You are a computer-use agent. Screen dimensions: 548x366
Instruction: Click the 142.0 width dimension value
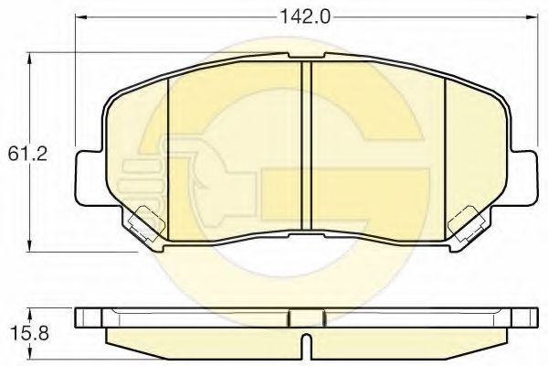305,16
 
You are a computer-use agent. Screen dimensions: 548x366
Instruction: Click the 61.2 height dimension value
27,154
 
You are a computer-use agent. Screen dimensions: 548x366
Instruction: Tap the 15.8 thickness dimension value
30,333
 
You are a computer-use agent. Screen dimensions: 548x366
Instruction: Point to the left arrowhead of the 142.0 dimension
81,16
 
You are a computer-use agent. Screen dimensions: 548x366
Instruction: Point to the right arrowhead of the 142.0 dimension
531,16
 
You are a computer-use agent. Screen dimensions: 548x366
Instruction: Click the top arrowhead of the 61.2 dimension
30,59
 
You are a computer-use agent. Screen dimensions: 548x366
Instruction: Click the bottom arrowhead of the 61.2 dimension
30,245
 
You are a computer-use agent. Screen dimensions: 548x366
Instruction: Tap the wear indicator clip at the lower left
147,223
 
